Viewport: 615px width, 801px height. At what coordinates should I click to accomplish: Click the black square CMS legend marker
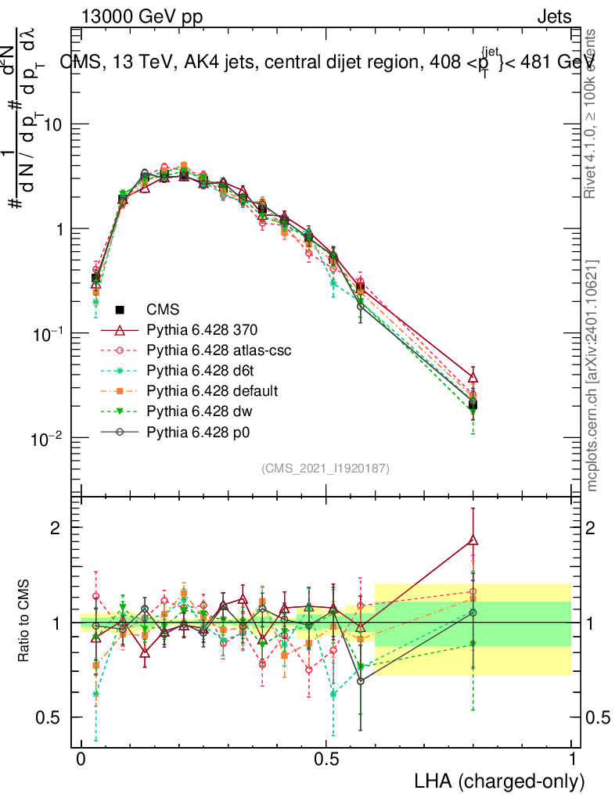tap(120, 310)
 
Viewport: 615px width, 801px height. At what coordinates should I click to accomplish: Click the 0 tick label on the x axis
tap(81, 760)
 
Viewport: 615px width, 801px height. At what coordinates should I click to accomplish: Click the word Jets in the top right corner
tap(554, 17)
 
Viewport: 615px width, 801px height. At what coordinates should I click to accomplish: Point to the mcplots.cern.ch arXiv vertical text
tap(593, 375)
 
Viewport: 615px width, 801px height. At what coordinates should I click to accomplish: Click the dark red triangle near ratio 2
tap(473, 539)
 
